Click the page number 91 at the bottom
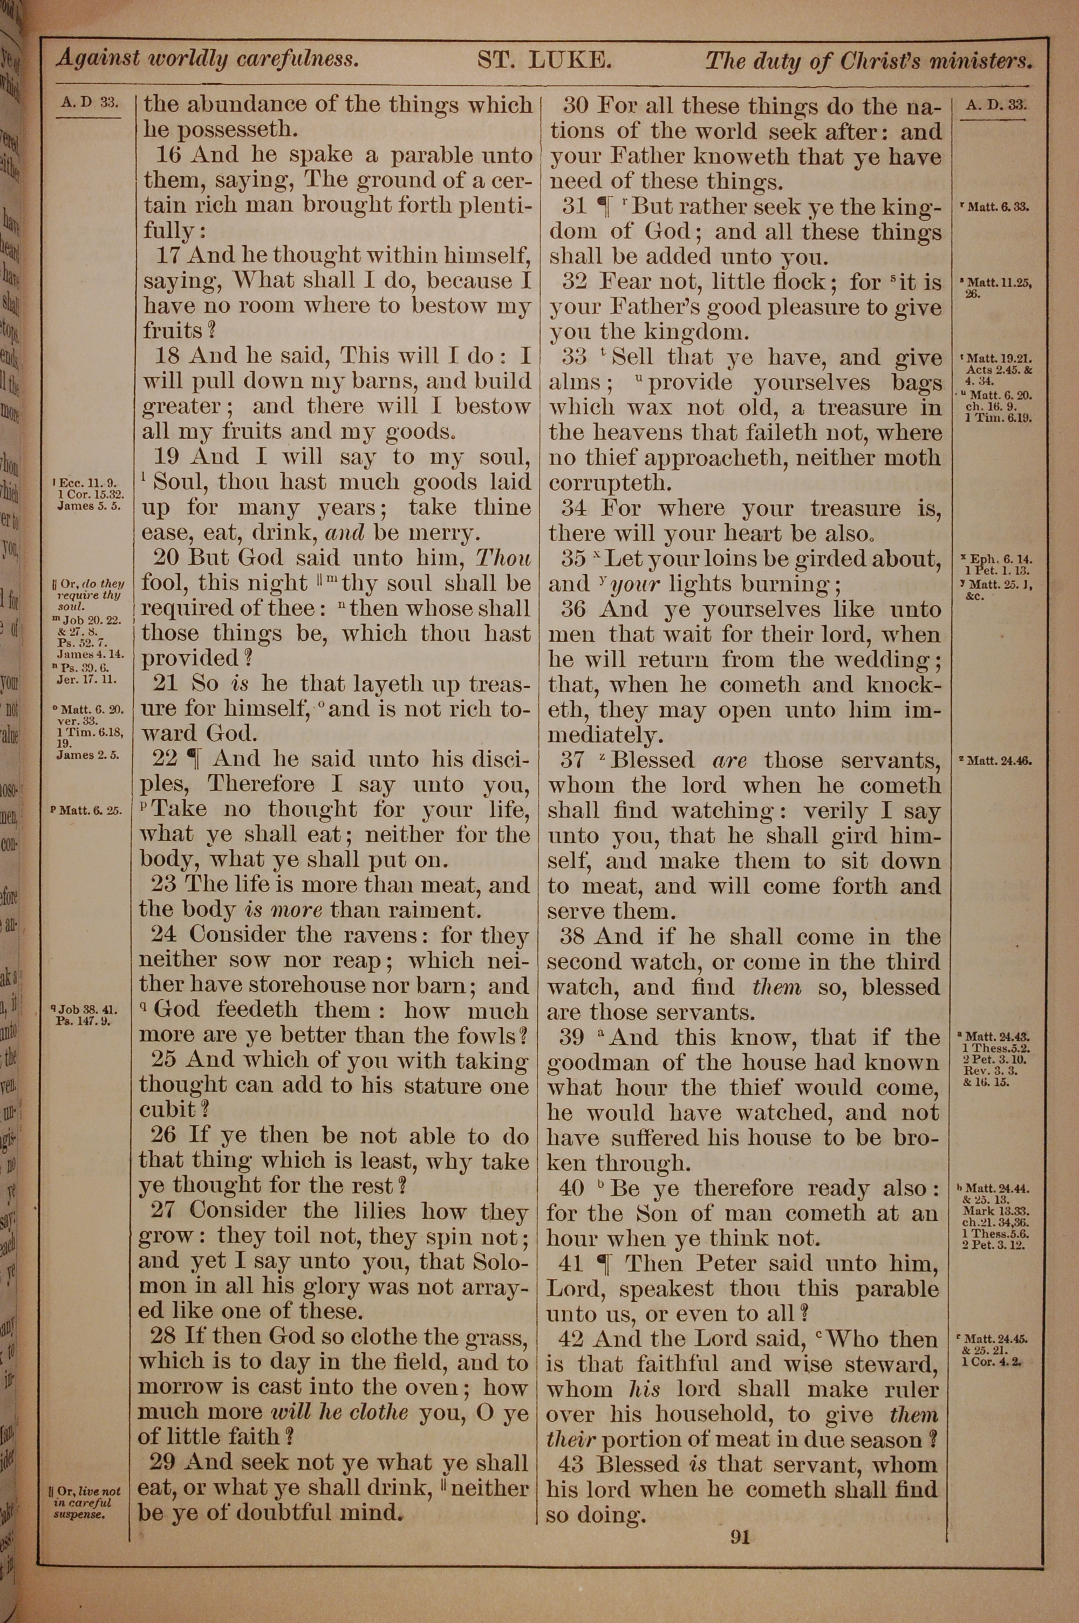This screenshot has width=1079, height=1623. pyautogui.click(x=740, y=1536)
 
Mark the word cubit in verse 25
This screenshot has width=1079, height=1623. pyautogui.click(x=167, y=1110)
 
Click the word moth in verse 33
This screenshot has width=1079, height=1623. pyautogui.click(x=911, y=458)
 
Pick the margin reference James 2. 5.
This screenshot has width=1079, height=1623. pyautogui.click(x=88, y=754)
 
